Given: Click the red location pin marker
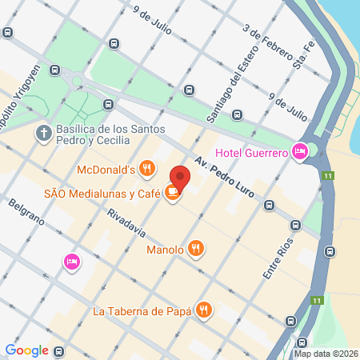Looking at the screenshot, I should [180, 177].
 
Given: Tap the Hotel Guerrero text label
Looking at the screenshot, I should [251, 154].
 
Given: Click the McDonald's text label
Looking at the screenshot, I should [104, 169].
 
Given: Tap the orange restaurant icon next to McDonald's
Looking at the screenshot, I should [146, 168].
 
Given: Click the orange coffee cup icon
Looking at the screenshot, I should [172, 192].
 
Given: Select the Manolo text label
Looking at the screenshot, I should [166, 249].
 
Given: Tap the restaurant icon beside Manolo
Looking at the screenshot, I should [196, 249].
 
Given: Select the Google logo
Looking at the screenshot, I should [26, 350].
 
